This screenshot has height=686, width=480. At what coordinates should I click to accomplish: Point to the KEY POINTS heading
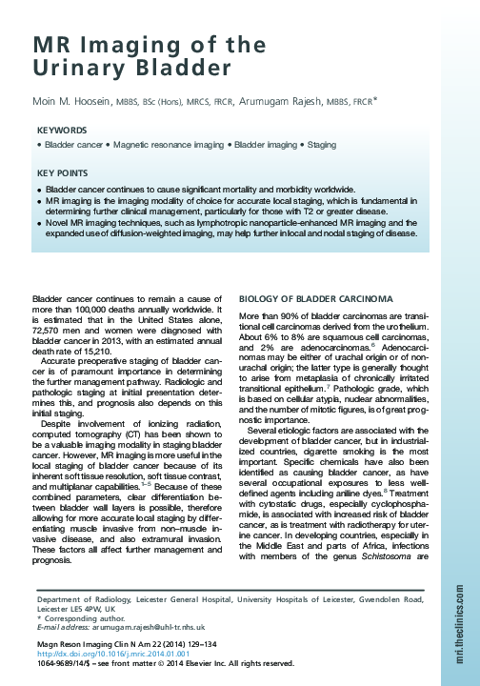64,173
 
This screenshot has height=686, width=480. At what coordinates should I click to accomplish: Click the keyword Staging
322,146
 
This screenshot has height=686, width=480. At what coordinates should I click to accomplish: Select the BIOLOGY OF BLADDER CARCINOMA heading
311,298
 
